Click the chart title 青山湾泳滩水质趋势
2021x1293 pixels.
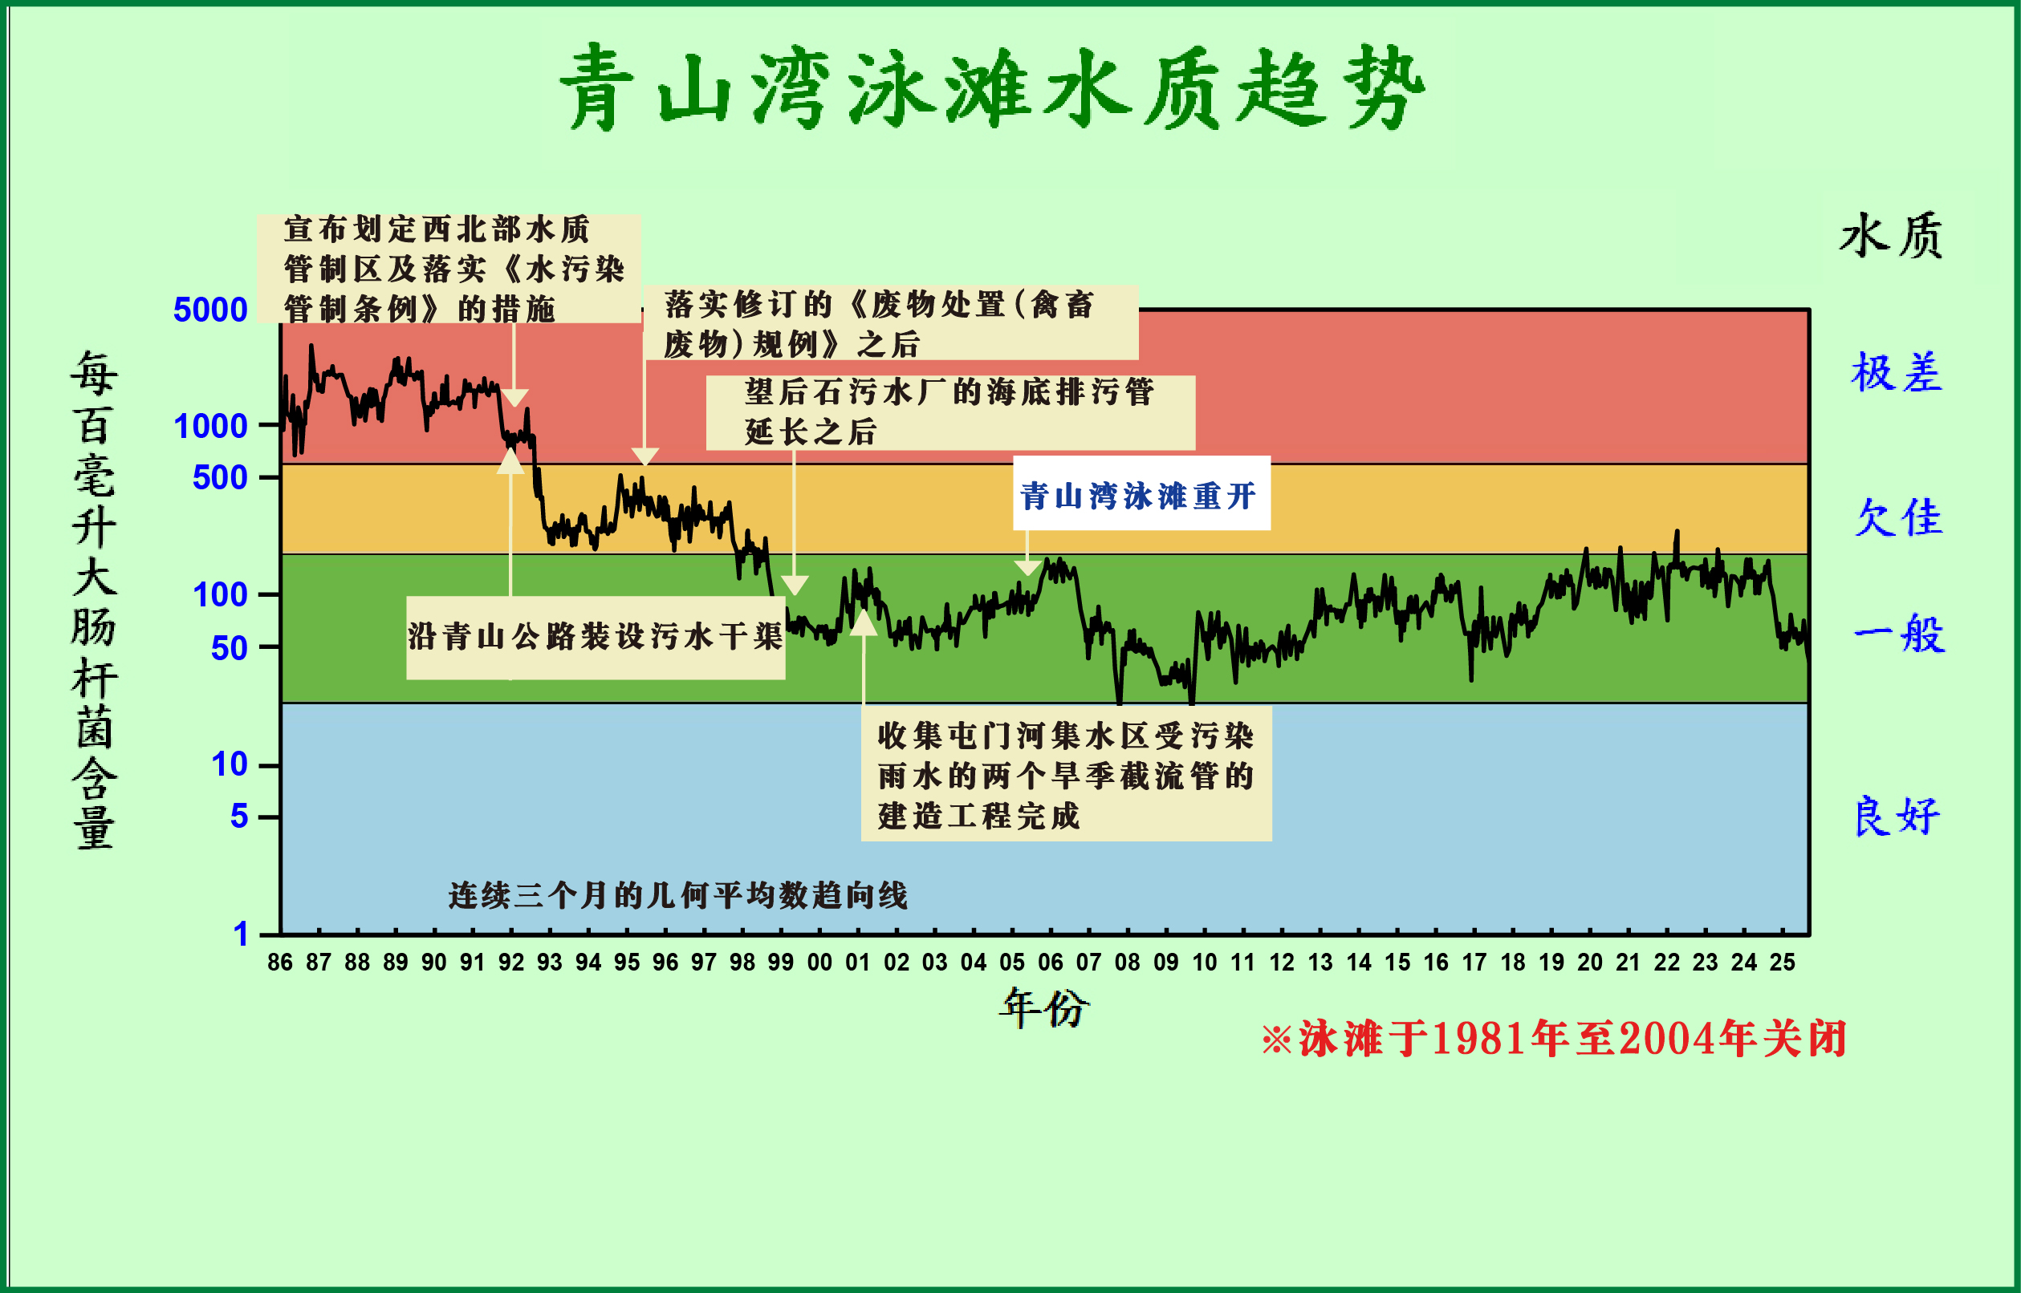click(991, 88)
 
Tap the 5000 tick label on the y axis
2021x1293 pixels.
click(210, 310)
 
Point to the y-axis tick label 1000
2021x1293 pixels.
click(210, 427)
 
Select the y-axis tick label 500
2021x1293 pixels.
click(219, 478)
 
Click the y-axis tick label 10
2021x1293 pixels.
click(229, 764)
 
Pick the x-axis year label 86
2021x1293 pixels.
click(280, 963)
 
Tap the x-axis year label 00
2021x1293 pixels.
click(819, 963)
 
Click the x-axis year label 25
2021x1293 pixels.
click(1782, 963)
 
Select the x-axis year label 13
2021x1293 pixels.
click(1320, 963)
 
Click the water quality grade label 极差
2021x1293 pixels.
click(1896, 373)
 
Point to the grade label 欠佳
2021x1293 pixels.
click(1897, 517)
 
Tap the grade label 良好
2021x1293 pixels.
click(1897, 816)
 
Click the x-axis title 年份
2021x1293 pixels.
click(1044, 1007)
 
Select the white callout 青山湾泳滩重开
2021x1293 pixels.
click(1141, 495)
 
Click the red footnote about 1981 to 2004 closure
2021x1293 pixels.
click(1554, 1040)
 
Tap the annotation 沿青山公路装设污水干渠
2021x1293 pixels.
click(595, 636)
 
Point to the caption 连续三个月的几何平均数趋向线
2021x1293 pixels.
click(678, 896)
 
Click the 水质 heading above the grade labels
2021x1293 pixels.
click(1890, 235)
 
